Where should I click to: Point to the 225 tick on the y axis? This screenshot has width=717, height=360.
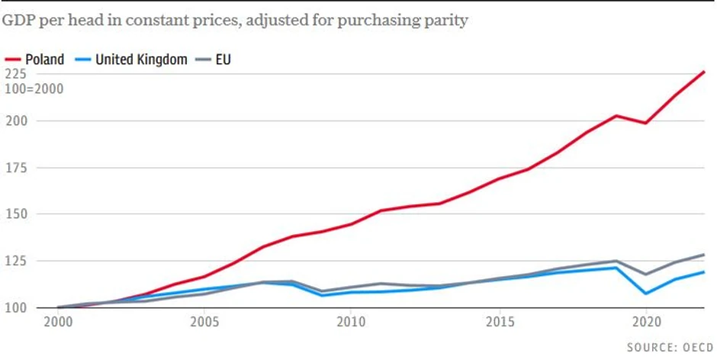(15, 74)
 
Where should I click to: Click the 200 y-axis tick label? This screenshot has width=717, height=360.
(15, 121)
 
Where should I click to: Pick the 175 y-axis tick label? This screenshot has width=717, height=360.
(15, 168)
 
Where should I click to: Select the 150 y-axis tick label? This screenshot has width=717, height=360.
(15, 214)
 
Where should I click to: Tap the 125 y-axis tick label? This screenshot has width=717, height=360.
(15, 261)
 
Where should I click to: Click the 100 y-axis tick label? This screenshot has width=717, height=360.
(15, 307)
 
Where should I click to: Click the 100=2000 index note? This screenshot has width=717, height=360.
(34, 88)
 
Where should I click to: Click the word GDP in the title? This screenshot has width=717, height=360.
(19, 20)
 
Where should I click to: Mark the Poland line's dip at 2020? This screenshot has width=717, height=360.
(646, 123)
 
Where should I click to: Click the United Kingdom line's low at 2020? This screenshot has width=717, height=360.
(646, 294)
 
